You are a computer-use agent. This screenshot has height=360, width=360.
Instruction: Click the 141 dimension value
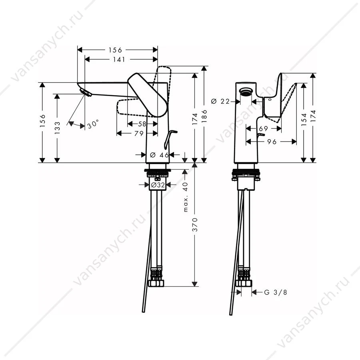[119, 60]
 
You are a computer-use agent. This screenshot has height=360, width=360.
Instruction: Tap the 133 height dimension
[57, 128]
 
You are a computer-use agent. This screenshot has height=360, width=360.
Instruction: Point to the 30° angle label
[93, 124]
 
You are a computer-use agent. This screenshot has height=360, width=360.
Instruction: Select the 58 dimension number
[142, 124]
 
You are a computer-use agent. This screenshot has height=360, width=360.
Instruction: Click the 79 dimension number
[139, 133]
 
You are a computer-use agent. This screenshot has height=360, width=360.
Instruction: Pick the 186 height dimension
[204, 116]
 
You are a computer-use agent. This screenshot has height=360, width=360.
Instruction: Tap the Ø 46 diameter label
[160, 155]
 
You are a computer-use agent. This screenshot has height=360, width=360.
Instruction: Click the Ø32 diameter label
[158, 184]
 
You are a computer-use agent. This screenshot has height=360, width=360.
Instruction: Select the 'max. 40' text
[186, 197]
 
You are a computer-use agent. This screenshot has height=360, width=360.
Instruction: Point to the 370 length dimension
[195, 224]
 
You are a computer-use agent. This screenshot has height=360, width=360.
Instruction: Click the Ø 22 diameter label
[220, 101]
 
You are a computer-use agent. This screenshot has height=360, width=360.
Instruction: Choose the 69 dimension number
[264, 128]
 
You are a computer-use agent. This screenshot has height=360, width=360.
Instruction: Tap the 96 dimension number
[272, 142]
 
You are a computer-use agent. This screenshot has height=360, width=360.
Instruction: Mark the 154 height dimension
[304, 119]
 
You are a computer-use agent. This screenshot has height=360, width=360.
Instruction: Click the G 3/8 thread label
[276, 292]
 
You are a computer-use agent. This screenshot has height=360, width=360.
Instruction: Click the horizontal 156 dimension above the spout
[116, 50]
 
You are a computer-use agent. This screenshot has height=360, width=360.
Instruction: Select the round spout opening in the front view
[246, 92]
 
